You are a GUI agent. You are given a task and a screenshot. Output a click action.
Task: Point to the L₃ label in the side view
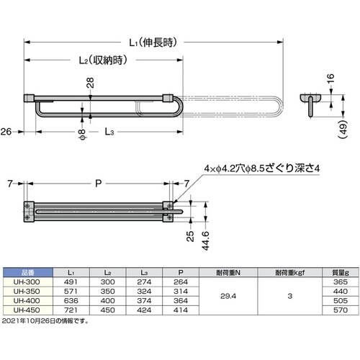coord(107,132)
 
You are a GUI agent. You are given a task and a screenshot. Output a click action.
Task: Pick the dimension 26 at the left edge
coord(6,132)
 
